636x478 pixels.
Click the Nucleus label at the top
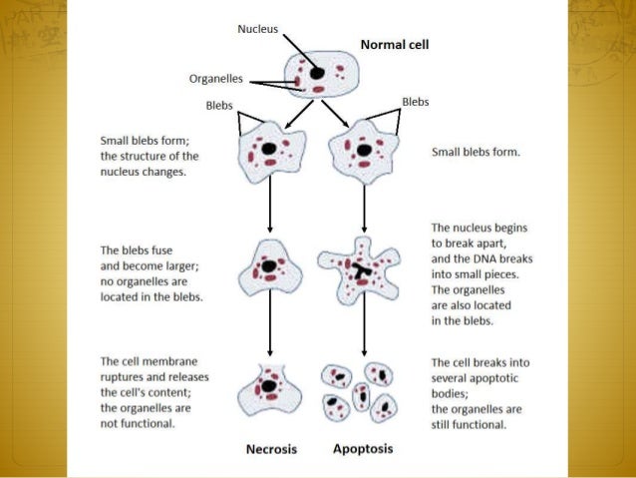click(258, 28)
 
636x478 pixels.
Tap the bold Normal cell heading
click(393, 44)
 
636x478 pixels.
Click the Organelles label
click(218, 78)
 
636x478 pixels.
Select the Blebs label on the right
click(415, 101)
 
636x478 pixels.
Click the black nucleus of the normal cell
click(316, 73)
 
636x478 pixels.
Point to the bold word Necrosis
click(271, 449)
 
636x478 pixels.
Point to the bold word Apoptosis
click(363, 448)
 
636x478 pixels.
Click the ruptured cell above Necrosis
click(270, 389)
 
